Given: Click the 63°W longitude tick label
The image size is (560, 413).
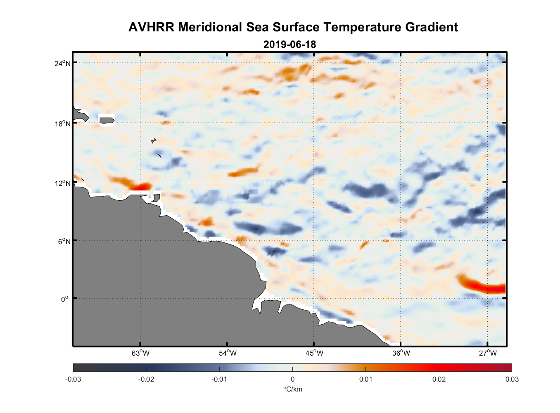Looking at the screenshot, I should point(140,353).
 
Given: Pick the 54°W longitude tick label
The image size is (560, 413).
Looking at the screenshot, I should point(228,353).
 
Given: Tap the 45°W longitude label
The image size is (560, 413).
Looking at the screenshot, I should point(314,353).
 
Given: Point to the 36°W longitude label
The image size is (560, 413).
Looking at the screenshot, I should point(401,353).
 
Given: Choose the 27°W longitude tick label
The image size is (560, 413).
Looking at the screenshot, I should point(488,353).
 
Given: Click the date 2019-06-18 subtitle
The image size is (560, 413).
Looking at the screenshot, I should point(289,45).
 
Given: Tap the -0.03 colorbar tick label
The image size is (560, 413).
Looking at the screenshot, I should point(73,379).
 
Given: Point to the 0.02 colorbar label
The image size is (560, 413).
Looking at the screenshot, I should point(439,379).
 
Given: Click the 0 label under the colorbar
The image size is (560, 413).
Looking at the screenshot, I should point(292,379).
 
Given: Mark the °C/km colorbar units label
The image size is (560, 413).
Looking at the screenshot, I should point(292,389).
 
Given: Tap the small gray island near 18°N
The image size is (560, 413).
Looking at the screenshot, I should point(107,120).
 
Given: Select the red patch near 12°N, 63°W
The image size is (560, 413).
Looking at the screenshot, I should point(141,187).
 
